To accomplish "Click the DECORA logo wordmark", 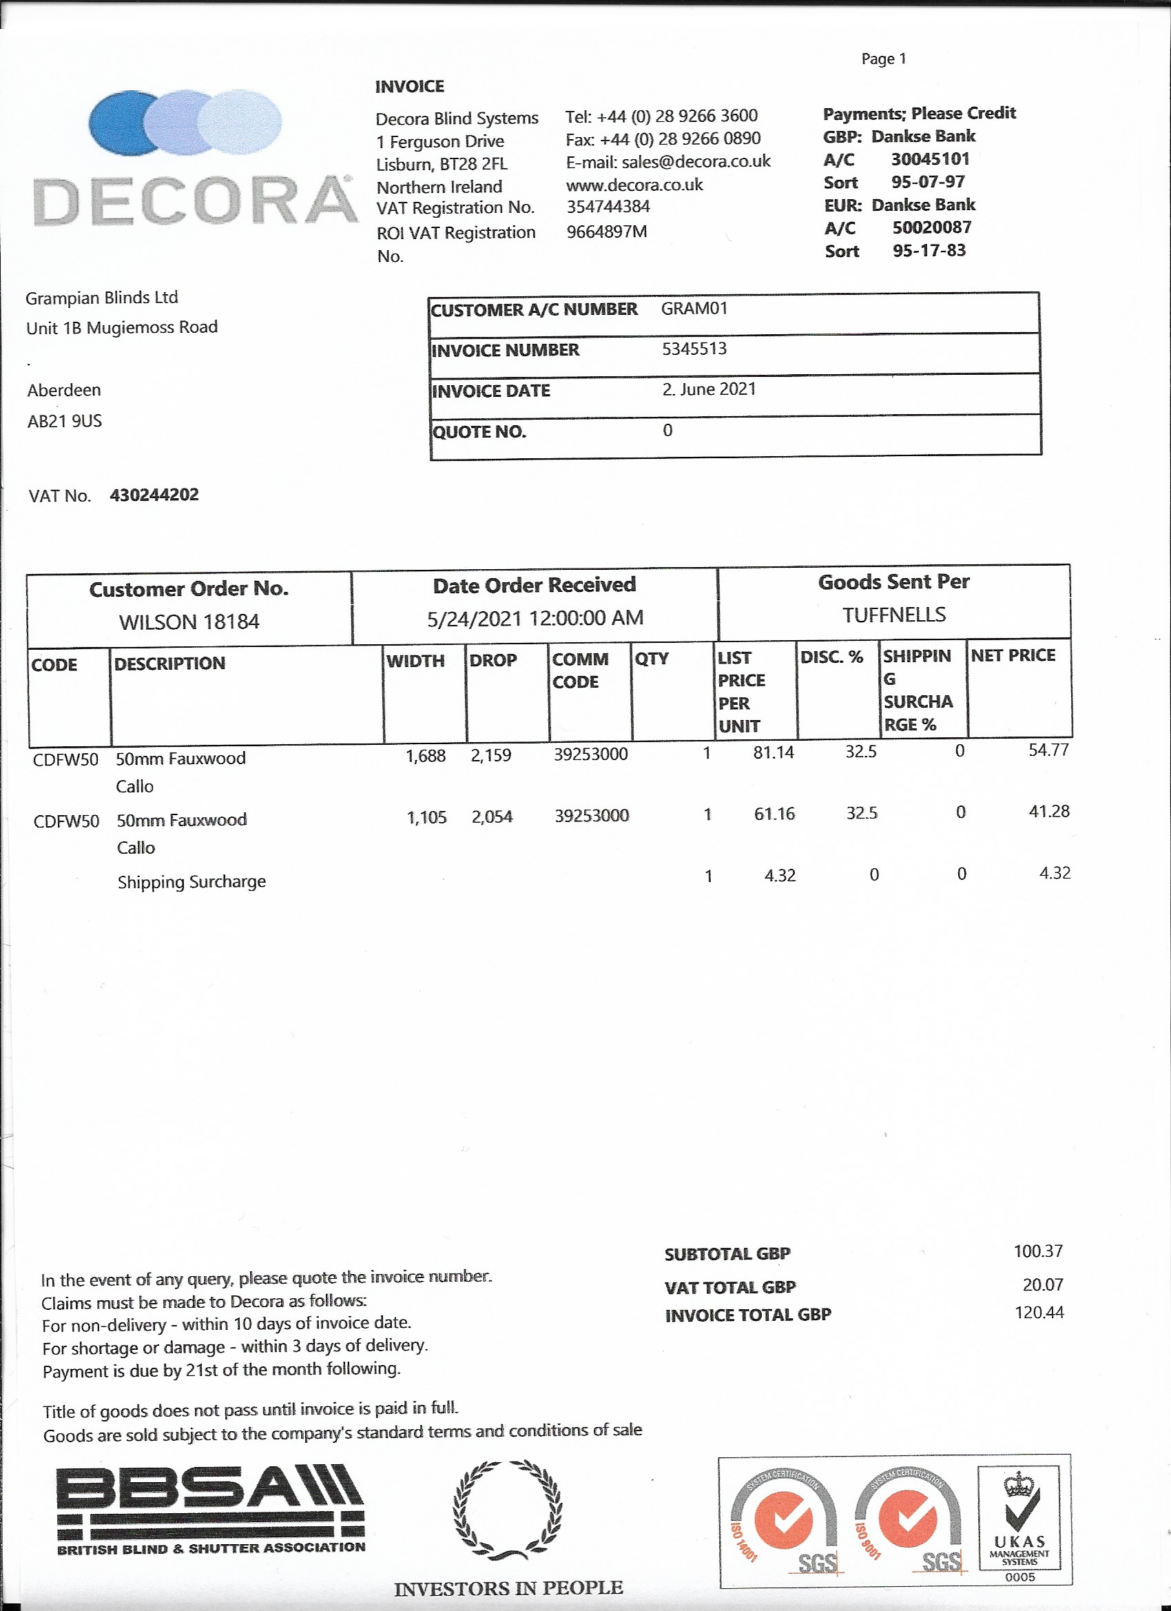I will (196, 201).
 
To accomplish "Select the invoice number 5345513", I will (694, 349).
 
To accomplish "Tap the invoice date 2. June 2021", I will (709, 389).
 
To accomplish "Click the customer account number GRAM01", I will (694, 308).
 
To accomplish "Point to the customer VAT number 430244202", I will (154, 495).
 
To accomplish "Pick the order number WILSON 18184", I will (189, 622).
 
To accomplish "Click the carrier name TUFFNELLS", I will (893, 615).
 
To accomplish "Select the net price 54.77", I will (1048, 750).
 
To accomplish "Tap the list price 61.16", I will (774, 813).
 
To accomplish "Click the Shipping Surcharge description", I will (191, 881).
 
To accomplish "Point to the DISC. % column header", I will (831, 657).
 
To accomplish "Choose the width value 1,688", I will (426, 756).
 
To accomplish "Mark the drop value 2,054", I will (491, 817).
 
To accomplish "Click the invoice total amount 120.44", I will (1039, 1313).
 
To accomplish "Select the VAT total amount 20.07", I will (1042, 1284).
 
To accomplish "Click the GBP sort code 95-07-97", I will (927, 182).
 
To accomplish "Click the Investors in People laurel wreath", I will (508, 1509).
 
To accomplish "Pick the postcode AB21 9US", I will (65, 421).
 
